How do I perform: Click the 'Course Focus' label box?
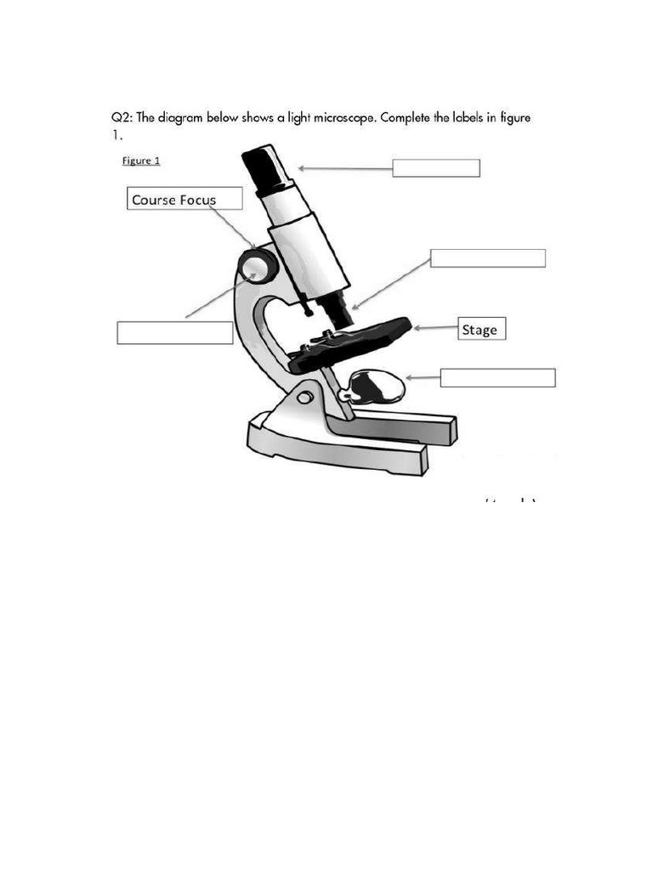[185, 199]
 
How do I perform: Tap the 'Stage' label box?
[482, 329]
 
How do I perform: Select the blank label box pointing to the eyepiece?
[435, 168]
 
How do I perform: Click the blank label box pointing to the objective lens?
[487, 258]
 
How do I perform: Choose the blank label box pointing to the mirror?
[497, 377]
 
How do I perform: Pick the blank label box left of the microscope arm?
[174, 332]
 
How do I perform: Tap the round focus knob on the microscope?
[258, 266]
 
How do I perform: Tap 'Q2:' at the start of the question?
[122, 118]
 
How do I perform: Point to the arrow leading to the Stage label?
[434, 328]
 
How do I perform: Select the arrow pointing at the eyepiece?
[344, 168]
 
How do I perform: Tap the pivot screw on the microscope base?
[304, 398]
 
